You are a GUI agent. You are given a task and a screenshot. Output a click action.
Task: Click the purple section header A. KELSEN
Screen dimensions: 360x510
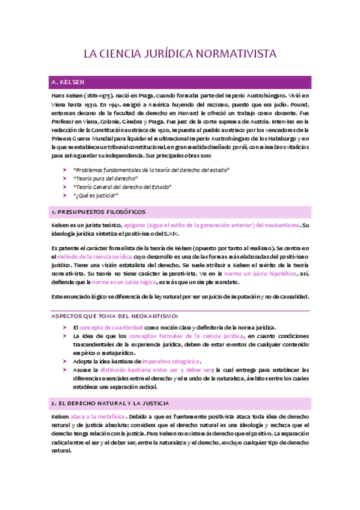[68, 81]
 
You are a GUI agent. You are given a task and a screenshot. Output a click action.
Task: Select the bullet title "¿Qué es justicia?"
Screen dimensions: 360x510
[96, 195]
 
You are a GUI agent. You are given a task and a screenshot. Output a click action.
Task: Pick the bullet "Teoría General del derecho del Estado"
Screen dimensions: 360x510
[122, 187]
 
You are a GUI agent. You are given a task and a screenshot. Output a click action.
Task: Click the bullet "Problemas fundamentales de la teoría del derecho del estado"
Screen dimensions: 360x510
[151, 170]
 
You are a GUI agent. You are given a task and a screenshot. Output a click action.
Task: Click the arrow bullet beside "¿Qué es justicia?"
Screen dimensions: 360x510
[65, 195]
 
